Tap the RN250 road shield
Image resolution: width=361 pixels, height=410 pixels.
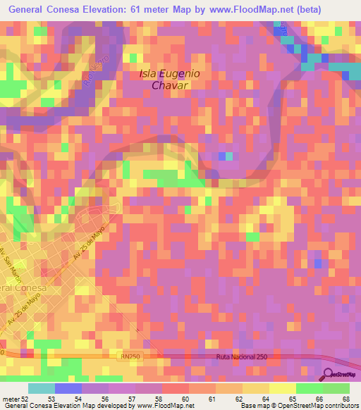click(129, 358)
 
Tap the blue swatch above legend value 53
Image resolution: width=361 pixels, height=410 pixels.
click(68, 388)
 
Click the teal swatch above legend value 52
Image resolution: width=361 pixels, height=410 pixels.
click(42, 388)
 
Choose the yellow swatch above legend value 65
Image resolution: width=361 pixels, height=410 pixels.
click(283, 388)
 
